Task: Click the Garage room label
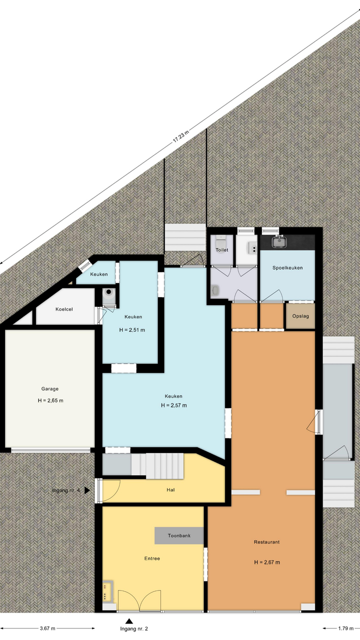click(50, 388)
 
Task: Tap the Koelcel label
click(64, 309)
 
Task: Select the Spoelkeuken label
click(287, 267)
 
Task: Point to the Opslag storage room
click(300, 316)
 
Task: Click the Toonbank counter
click(179, 535)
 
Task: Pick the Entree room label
click(152, 558)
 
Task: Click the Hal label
click(170, 489)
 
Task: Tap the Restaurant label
click(266, 542)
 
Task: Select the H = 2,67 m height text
click(267, 562)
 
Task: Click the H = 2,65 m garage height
click(50, 400)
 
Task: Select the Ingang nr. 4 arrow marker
click(87, 490)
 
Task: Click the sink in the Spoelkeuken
click(278, 241)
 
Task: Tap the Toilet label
click(222, 250)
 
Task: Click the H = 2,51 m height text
click(132, 330)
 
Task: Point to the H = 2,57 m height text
click(173, 405)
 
